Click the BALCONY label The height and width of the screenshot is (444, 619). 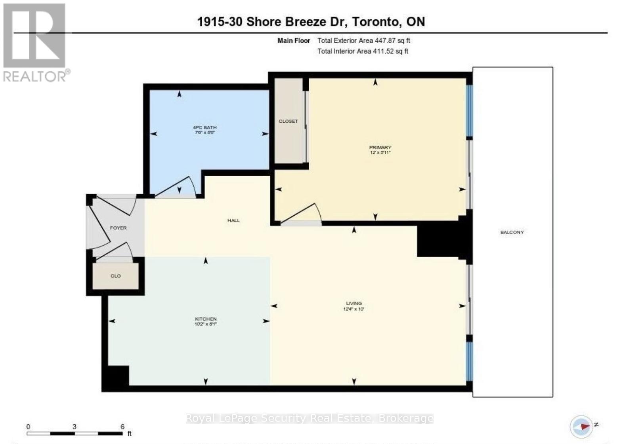(x=512, y=232)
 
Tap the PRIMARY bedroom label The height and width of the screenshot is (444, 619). (x=380, y=148)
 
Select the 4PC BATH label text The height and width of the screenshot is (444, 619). (x=205, y=127)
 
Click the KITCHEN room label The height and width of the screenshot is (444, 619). (x=206, y=319)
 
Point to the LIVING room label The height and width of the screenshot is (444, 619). (x=354, y=304)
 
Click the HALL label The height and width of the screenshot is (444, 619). (x=233, y=220)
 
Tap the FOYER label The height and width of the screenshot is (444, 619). (x=118, y=228)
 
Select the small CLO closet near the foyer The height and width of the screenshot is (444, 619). (x=116, y=276)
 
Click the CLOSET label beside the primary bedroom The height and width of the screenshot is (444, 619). (x=288, y=121)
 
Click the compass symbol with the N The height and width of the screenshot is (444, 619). (x=581, y=427)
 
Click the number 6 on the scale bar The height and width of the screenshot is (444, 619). (x=122, y=427)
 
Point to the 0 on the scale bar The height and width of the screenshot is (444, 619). (x=28, y=427)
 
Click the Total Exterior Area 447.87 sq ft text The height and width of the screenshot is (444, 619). (x=363, y=40)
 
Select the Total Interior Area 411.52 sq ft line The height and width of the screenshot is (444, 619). (x=363, y=51)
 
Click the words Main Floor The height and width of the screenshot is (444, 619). (x=294, y=40)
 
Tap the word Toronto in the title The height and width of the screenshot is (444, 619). (x=376, y=21)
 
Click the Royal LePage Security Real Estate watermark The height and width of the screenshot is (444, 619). (x=309, y=418)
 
